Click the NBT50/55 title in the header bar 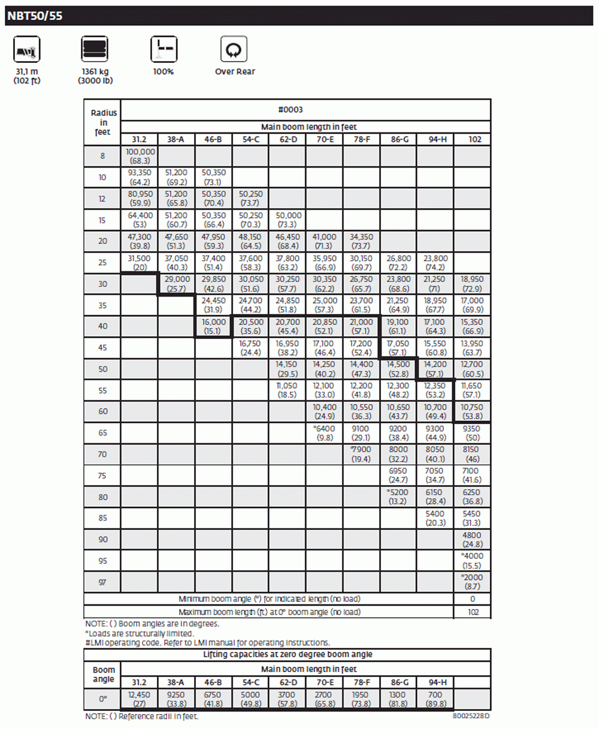pos(35,16)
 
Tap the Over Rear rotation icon pos(234,49)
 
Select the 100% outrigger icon pos(164,49)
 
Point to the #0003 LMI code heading pos(291,110)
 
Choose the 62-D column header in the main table pos(288,140)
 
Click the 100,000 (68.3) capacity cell pos(140,156)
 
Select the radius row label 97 pos(102,582)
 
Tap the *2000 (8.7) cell pos(472,582)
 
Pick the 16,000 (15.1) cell pos(213,326)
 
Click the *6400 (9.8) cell pos(325,433)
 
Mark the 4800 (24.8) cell pos(472,540)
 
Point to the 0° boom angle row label pos(103,699)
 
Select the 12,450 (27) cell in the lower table pos(140,699)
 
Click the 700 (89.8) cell pos(435,699)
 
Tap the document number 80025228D pos(471,716)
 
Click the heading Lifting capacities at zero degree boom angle pos(288,655)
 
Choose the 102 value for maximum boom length pos(472,612)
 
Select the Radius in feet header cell pos(103,122)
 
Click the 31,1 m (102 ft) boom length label pos(27,76)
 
